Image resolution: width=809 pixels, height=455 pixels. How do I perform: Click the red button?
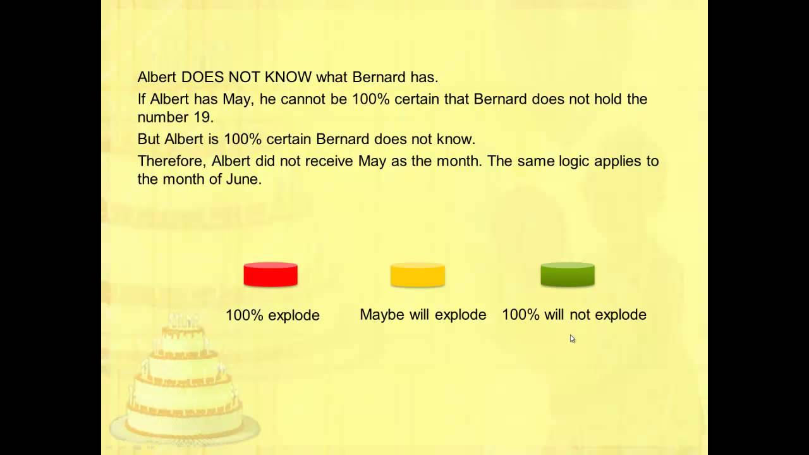271,275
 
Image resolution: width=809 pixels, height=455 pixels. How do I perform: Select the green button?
568,275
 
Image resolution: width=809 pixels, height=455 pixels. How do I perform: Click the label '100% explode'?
272,315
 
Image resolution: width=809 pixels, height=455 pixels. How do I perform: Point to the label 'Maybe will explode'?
423,315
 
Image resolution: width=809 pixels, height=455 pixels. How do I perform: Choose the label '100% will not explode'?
574,315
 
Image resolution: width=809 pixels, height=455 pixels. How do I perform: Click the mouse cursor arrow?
572,339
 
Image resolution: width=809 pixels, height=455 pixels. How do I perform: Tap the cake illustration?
185,379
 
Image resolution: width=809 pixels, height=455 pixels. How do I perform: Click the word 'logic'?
575,161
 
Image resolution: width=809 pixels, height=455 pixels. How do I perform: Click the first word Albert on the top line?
157,78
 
